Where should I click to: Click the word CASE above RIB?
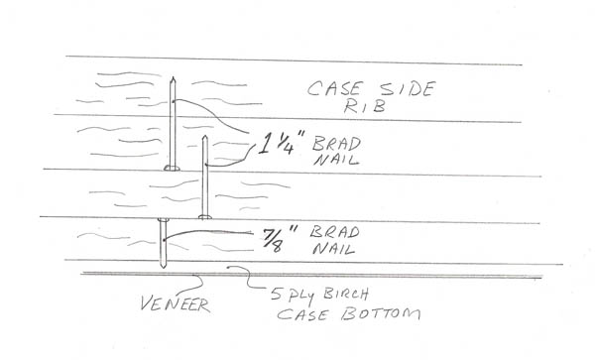[x=333, y=88]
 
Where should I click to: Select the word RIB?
[x=364, y=106]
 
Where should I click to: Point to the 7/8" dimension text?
[x=280, y=238]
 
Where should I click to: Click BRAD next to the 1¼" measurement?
[x=336, y=144]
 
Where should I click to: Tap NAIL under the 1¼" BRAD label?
[x=335, y=160]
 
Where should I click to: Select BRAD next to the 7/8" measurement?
[x=335, y=232]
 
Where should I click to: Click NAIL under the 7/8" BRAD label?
[x=334, y=249]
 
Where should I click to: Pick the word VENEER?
[x=175, y=304]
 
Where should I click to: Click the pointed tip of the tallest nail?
[x=173, y=77]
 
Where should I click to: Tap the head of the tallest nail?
[x=172, y=168]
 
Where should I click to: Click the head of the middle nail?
[x=205, y=217]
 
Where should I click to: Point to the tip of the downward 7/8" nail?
[x=164, y=267]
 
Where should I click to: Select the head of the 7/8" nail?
[x=164, y=219]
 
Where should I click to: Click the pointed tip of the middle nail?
[x=205, y=136]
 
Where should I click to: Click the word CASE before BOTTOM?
[x=302, y=315]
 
